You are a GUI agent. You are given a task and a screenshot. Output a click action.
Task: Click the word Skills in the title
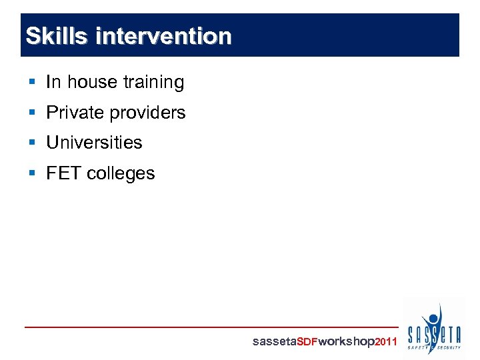click(56, 36)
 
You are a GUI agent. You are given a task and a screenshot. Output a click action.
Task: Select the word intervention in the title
click(163, 36)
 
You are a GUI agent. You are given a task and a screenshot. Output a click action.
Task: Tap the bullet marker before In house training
click(33, 82)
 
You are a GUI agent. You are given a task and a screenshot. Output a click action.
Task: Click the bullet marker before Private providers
click(33, 113)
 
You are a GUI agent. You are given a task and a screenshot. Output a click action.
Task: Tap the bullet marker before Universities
click(33, 143)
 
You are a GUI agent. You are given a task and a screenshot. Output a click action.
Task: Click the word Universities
click(94, 143)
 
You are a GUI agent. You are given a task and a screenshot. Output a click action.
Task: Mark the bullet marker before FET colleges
click(33, 173)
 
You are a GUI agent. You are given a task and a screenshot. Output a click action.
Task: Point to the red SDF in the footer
click(307, 342)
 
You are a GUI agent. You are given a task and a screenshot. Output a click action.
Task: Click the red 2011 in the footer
click(386, 342)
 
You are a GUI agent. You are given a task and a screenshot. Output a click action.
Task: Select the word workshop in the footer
click(347, 342)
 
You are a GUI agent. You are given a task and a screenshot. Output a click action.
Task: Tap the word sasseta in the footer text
click(273, 342)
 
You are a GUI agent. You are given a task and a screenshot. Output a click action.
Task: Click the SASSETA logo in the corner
click(434, 329)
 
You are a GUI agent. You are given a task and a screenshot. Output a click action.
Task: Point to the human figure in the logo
click(434, 319)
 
